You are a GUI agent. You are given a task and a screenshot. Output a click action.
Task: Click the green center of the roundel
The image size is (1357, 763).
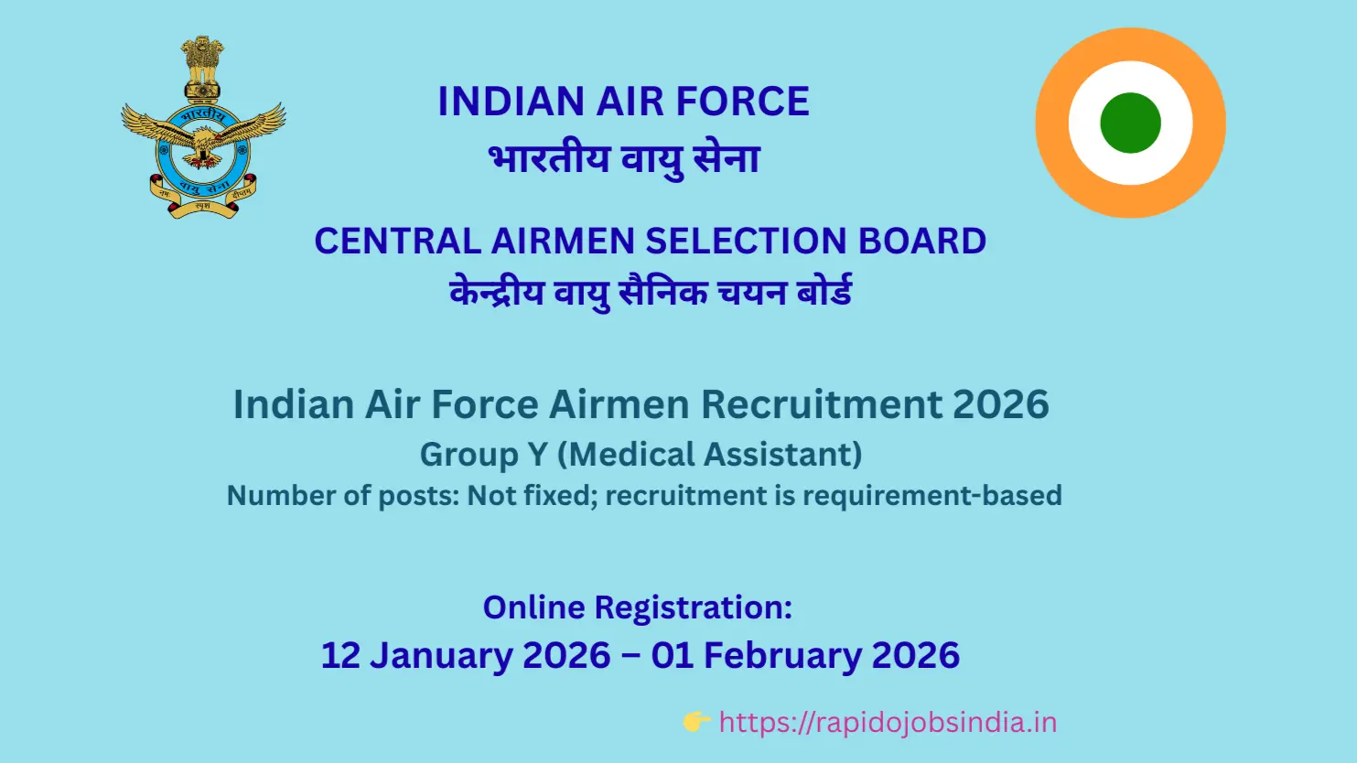click(1130, 123)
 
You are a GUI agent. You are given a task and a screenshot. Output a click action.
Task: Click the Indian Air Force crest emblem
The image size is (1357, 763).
click(203, 128)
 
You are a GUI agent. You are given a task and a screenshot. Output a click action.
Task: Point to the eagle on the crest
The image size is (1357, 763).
click(203, 137)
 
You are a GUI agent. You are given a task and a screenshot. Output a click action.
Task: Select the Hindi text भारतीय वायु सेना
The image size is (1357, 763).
click(624, 159)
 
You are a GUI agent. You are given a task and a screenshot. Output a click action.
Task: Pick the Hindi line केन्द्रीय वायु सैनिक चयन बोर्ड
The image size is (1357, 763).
click(651, 293)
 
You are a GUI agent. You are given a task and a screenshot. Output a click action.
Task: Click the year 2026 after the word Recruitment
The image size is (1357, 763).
click(1000, 404)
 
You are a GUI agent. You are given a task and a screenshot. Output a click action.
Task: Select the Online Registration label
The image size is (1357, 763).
click(637, 607)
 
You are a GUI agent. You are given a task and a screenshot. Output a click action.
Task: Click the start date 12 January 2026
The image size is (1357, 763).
click(466, 656)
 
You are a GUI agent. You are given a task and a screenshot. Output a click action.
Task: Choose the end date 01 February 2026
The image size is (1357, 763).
click(805, 656)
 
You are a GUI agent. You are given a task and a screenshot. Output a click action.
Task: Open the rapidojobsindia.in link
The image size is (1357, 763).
click(888, 723)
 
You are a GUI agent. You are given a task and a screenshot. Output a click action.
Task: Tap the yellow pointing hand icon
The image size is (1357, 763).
click(696, 722)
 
